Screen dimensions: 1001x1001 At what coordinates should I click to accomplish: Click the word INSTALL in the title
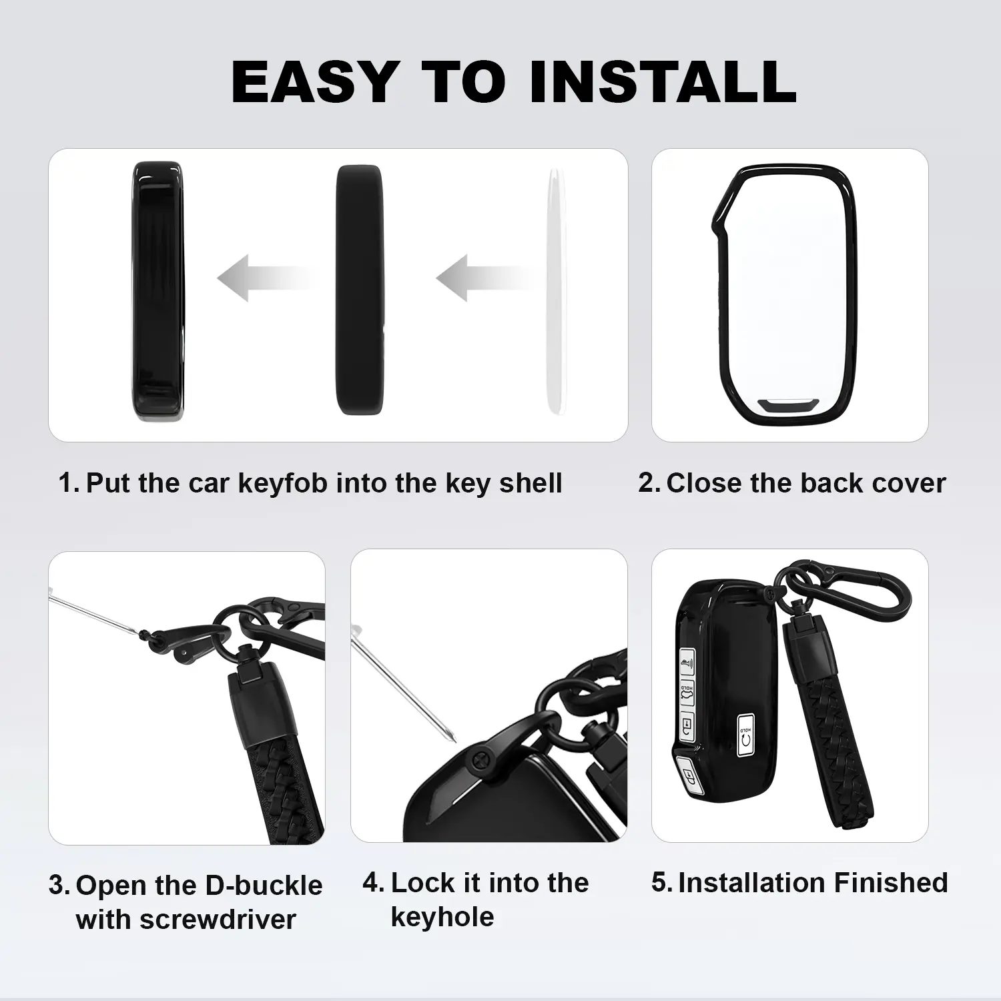tap(663, 81)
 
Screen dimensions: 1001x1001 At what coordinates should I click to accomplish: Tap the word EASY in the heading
tap(316, 81)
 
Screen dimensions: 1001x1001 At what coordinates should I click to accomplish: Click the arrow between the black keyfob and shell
tap(267, 278)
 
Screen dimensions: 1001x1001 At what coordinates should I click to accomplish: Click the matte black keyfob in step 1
tap(360, 290)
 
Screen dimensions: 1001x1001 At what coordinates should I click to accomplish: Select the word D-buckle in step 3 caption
tap(264, 886)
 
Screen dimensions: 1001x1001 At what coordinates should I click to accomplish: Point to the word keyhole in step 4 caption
tap(442, 918)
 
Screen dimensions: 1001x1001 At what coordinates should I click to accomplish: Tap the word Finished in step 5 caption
tap(890, 883)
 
